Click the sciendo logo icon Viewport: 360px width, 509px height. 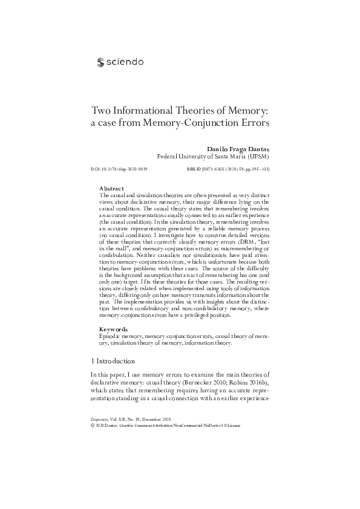[100, 61]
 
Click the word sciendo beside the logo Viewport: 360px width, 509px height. [125, 61]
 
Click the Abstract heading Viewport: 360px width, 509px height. [111, 189]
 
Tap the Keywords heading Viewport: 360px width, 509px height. [114, 329]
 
